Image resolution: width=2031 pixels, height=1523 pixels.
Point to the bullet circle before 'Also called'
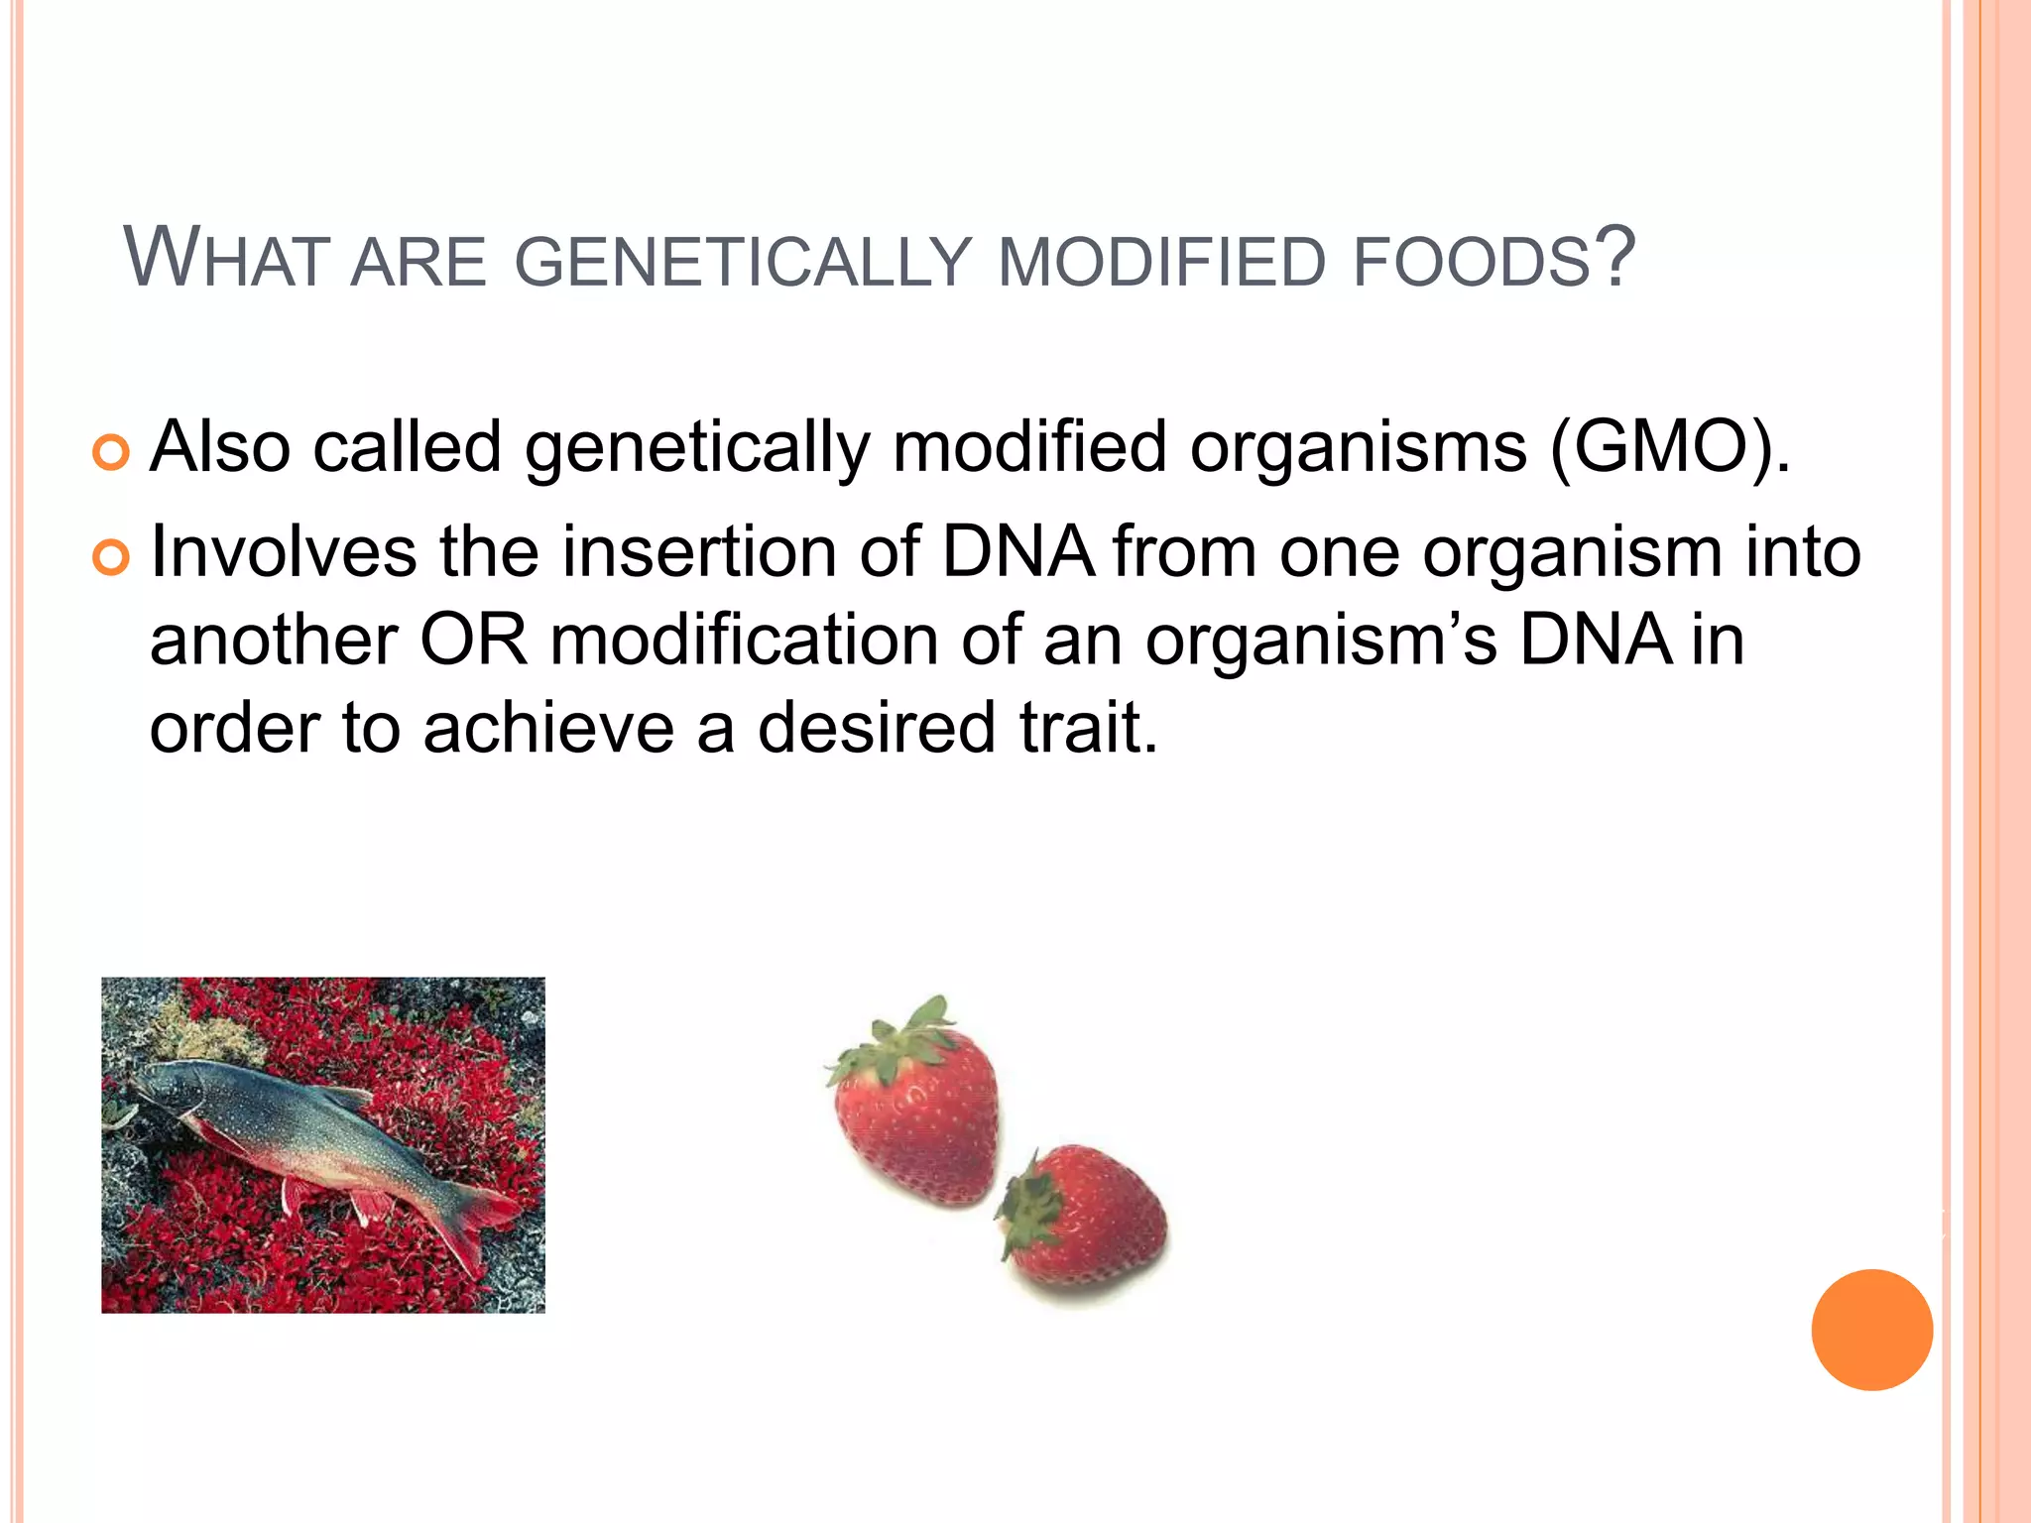pyautogui.click(x=110, y=453)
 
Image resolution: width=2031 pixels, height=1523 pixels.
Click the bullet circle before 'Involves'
pyautogui.click(x=110, y=557)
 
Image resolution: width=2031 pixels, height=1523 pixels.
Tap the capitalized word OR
pyautogui.click(x=474, y=640)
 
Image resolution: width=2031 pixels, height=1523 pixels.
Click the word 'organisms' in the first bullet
pyautogui.click(x=1358, y=447)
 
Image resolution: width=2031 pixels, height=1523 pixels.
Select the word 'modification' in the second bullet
pyautogui.click(x=744, y=640)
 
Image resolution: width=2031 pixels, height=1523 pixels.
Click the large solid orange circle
pyautogui.click(x=1871, y=1330)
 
